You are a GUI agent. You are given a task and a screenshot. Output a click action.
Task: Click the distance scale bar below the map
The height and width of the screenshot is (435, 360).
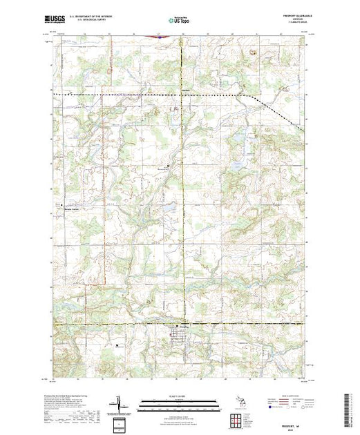179,405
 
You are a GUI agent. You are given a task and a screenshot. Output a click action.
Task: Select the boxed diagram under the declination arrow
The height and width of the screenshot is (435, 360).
119,423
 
